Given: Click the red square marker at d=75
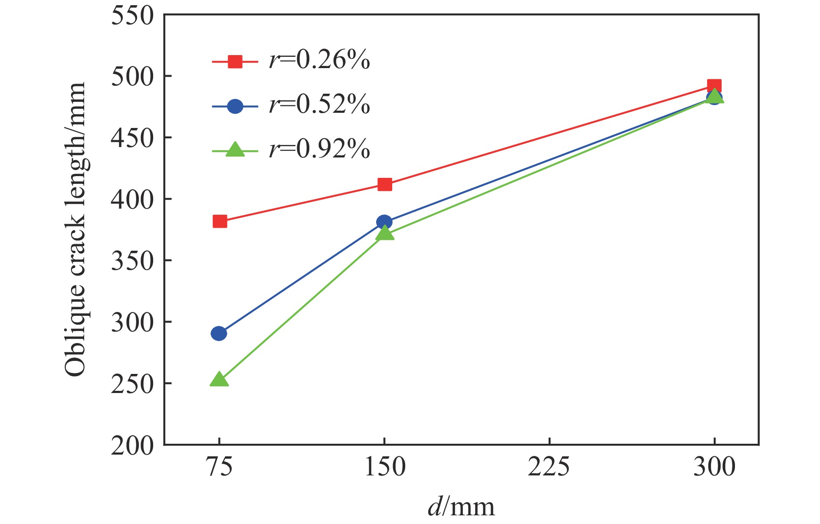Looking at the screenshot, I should pyautogui.click(x=220, y=222).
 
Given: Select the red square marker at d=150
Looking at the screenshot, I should pyautogui.click(x=385, y=185).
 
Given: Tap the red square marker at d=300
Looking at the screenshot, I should pyautogui.click(x=714, y=85).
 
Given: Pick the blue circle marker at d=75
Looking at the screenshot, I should pyautogui.click(x=219, y=334).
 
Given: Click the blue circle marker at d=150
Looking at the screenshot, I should pyautogui.click(x=384, y=222).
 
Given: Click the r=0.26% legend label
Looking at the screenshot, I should pyautogui.click(x=319, y=60).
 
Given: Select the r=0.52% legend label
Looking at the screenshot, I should pyautogui.click(x=319, y=105).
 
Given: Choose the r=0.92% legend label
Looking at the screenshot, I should pyautogui.click(x=319, y=149).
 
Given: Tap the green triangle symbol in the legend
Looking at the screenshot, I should pyautogui.click(x=235, y=150).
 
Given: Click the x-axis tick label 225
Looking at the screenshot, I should pyautogui.click(x=549, y=468).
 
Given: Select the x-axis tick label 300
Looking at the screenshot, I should pyautogui.click(x=714, y=468).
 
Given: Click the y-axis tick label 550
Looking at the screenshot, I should pyautogui.click(x=132, y=16).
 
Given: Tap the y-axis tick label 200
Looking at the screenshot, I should pyautogui.click(x=132, y=445).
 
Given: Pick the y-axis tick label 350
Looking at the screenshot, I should pyautogui.click(x=132, y=261).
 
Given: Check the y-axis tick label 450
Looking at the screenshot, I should pyautogui.click(x=132, y=138).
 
